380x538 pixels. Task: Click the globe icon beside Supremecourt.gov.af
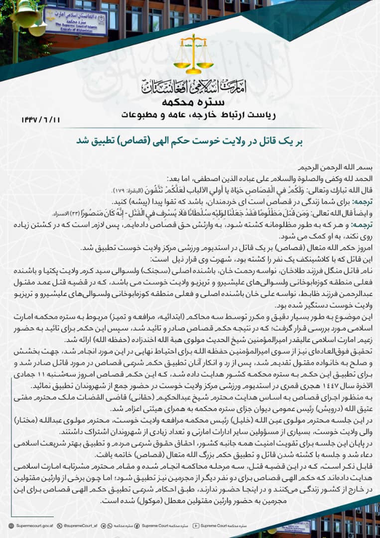coord(11,525)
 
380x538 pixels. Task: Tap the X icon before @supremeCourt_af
coord(60,525)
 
